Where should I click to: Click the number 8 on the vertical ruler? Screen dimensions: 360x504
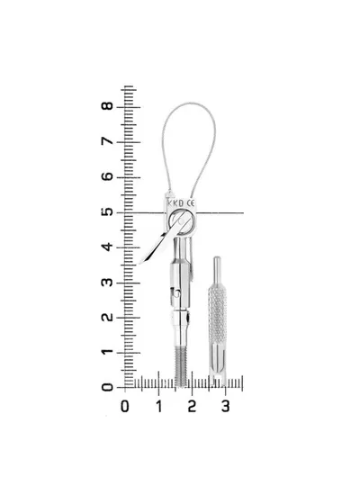(107, 106)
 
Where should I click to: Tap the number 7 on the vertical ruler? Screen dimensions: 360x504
(107, 141)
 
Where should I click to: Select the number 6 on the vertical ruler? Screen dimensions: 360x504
(107, 176)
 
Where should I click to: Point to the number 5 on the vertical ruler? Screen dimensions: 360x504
(107, 211)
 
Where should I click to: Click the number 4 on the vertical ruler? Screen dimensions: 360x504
(107, 247)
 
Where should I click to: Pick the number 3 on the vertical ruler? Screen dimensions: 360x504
(107, 283)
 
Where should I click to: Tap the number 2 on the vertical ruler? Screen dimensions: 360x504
(107, 317)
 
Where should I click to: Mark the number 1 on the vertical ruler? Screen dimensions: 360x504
(107, 352)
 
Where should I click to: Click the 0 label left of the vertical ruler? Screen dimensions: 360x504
(107, 387)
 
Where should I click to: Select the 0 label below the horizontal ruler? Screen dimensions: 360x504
(125, 407)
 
